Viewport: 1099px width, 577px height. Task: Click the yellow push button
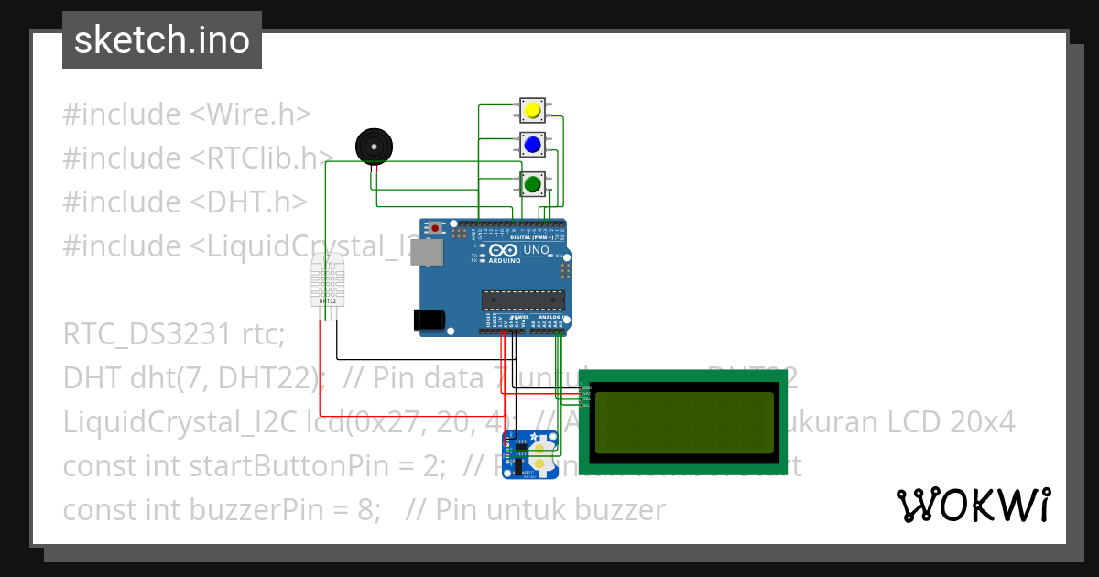click(x=532, y=111)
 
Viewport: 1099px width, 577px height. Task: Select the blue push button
click(x=532, y=145)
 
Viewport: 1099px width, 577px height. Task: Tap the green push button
click(x=532, y=184)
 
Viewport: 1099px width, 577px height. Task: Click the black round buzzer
click(x=373, y=146)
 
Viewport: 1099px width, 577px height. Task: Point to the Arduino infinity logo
click(x=503, y=250)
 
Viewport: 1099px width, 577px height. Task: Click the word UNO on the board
click(x=536, y=249)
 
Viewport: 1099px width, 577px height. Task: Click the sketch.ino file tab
click(x=162, y=40)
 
